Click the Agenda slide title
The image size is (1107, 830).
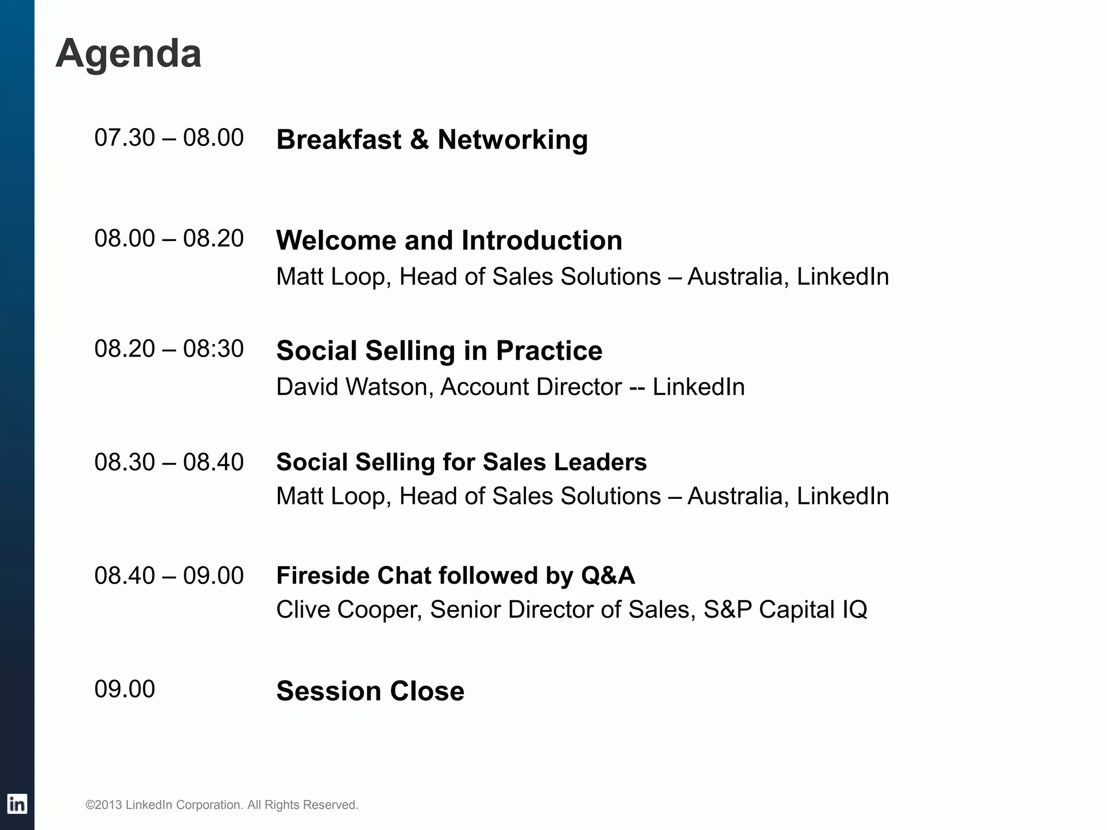(128, 54)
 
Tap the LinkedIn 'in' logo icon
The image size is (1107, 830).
(17, 804)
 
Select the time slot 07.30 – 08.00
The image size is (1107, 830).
(169, 138)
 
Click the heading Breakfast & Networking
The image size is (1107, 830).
(432, 139)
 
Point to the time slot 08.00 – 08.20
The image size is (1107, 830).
(169, 238)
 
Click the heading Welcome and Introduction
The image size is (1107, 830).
(449, 240)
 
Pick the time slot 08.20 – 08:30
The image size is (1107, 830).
(169, 349)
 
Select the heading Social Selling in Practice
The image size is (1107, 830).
(439, 351)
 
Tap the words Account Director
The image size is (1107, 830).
(531, 387)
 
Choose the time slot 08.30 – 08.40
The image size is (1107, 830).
(169, 462)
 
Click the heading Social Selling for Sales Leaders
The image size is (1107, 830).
(461, 462)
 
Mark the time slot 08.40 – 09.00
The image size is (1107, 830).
(169, 575)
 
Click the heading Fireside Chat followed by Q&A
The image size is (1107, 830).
(455, 575)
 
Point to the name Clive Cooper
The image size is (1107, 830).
(349, 610)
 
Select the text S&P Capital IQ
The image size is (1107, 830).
(785, 610)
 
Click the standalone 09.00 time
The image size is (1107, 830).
(124, 689)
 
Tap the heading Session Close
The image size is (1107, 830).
(370, 691)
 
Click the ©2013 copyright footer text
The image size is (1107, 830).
(222, 805)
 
